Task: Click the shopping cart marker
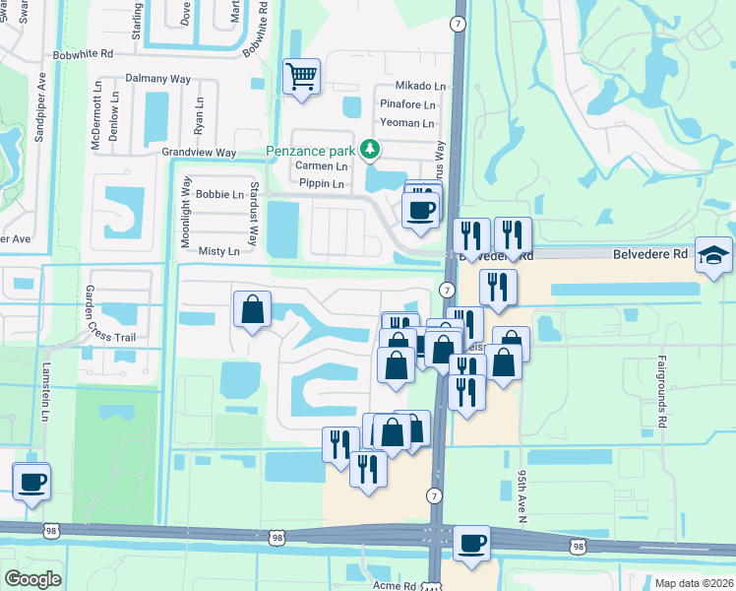tap(301, 76)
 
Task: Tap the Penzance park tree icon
tap(370, 150)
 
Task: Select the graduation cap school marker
tap(713, 254)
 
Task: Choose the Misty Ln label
tap(219, 252)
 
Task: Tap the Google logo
tap(32, 579)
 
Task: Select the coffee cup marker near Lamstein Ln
tap(31, 482)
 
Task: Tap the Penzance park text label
tap(313, 152)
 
